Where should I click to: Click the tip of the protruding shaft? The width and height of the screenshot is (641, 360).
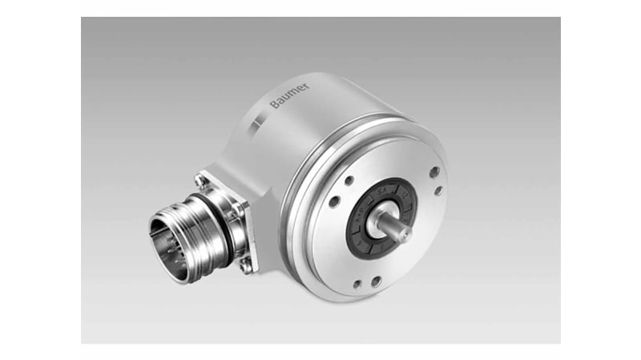405,233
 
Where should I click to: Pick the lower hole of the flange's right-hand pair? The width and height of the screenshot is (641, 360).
438,191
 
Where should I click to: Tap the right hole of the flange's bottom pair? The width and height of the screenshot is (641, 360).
376,281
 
